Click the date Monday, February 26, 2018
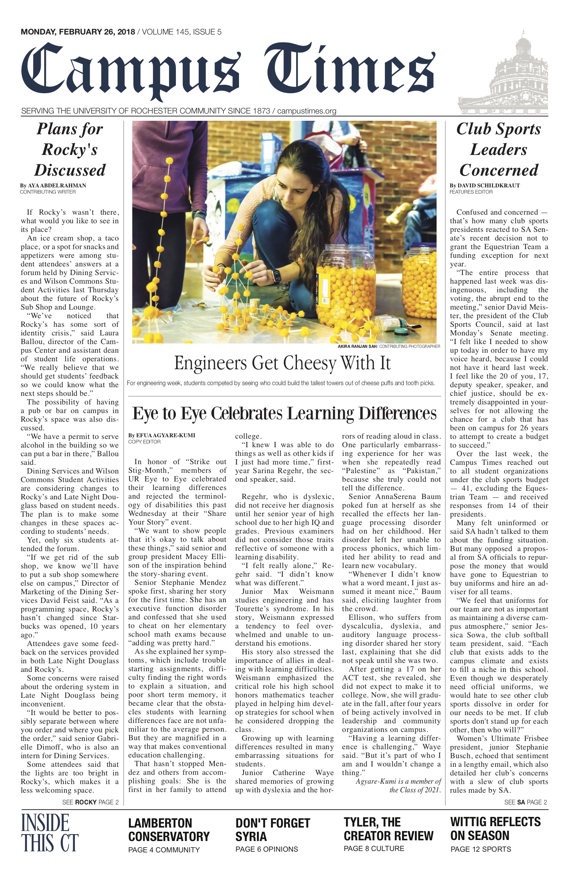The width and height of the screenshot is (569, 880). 78,32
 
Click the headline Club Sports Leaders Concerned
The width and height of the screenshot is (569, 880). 498,150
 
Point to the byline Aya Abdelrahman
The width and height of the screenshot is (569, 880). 53,186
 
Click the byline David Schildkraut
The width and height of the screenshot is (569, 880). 485,186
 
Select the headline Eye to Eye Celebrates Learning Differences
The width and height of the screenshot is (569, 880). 284,414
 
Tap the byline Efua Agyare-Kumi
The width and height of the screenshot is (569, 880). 161,435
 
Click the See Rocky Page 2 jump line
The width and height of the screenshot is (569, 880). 90,802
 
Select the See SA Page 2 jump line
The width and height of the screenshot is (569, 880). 526,802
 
